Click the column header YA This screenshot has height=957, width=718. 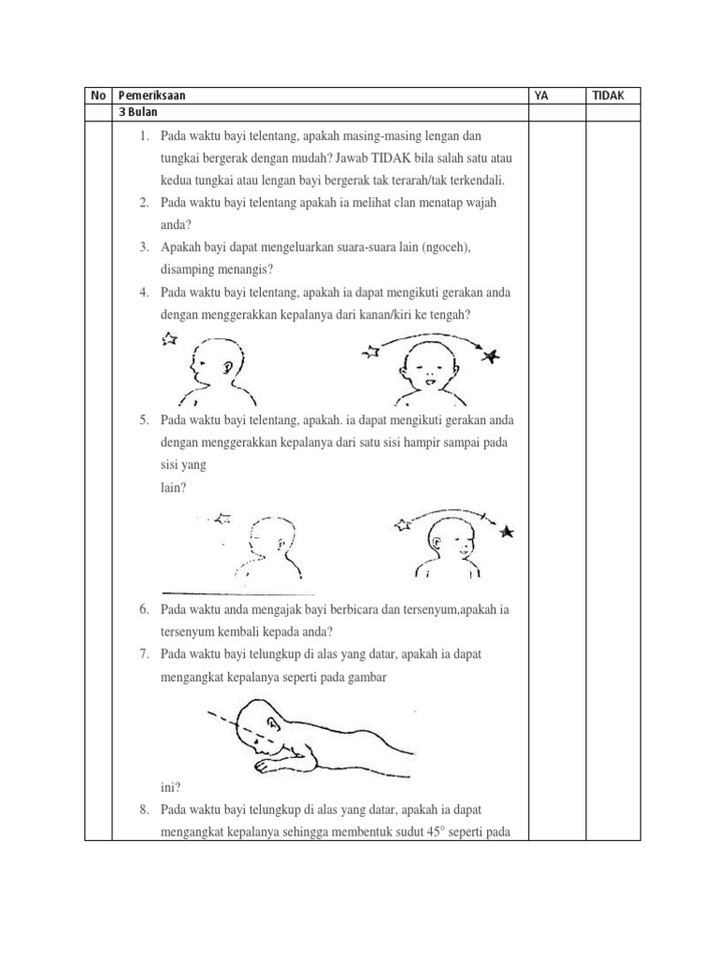click(540, 95)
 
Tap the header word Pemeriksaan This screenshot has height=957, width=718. click(151, 95)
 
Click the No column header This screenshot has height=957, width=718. click(97, 95)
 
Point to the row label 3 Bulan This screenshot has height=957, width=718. click(136, 112)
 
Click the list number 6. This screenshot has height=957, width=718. click(145, 609)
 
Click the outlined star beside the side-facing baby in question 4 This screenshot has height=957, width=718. click(169, 338)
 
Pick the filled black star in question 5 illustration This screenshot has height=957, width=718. click(507, 532)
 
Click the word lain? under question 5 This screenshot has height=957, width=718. click(173, 487)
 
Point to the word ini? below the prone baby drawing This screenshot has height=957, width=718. click(171, 787)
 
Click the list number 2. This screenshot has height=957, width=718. click(145, 203)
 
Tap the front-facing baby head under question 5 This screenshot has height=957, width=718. click(448, 540)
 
